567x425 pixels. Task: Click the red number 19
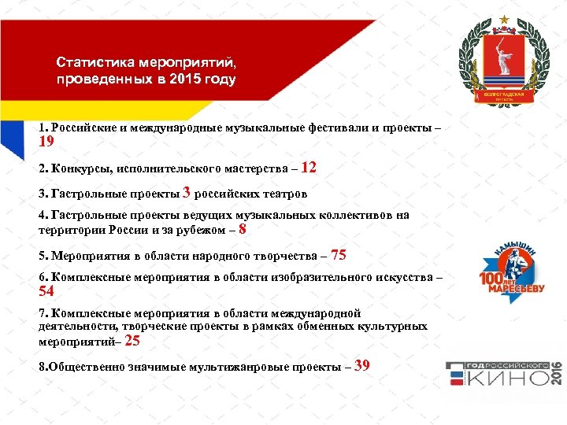[x=46, y=142]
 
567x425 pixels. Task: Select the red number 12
[x=309, y=167]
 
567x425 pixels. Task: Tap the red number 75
[x=339, y=255]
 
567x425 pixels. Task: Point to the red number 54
[x=46, y=292]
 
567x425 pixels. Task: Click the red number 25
[x=132, y=342]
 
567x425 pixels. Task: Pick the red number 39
[x=362, y=365]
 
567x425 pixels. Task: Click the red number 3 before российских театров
[x=187, y=192]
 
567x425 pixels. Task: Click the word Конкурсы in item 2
[x=78, y=168]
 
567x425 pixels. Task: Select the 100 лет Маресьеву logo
[x=512, y=272]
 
